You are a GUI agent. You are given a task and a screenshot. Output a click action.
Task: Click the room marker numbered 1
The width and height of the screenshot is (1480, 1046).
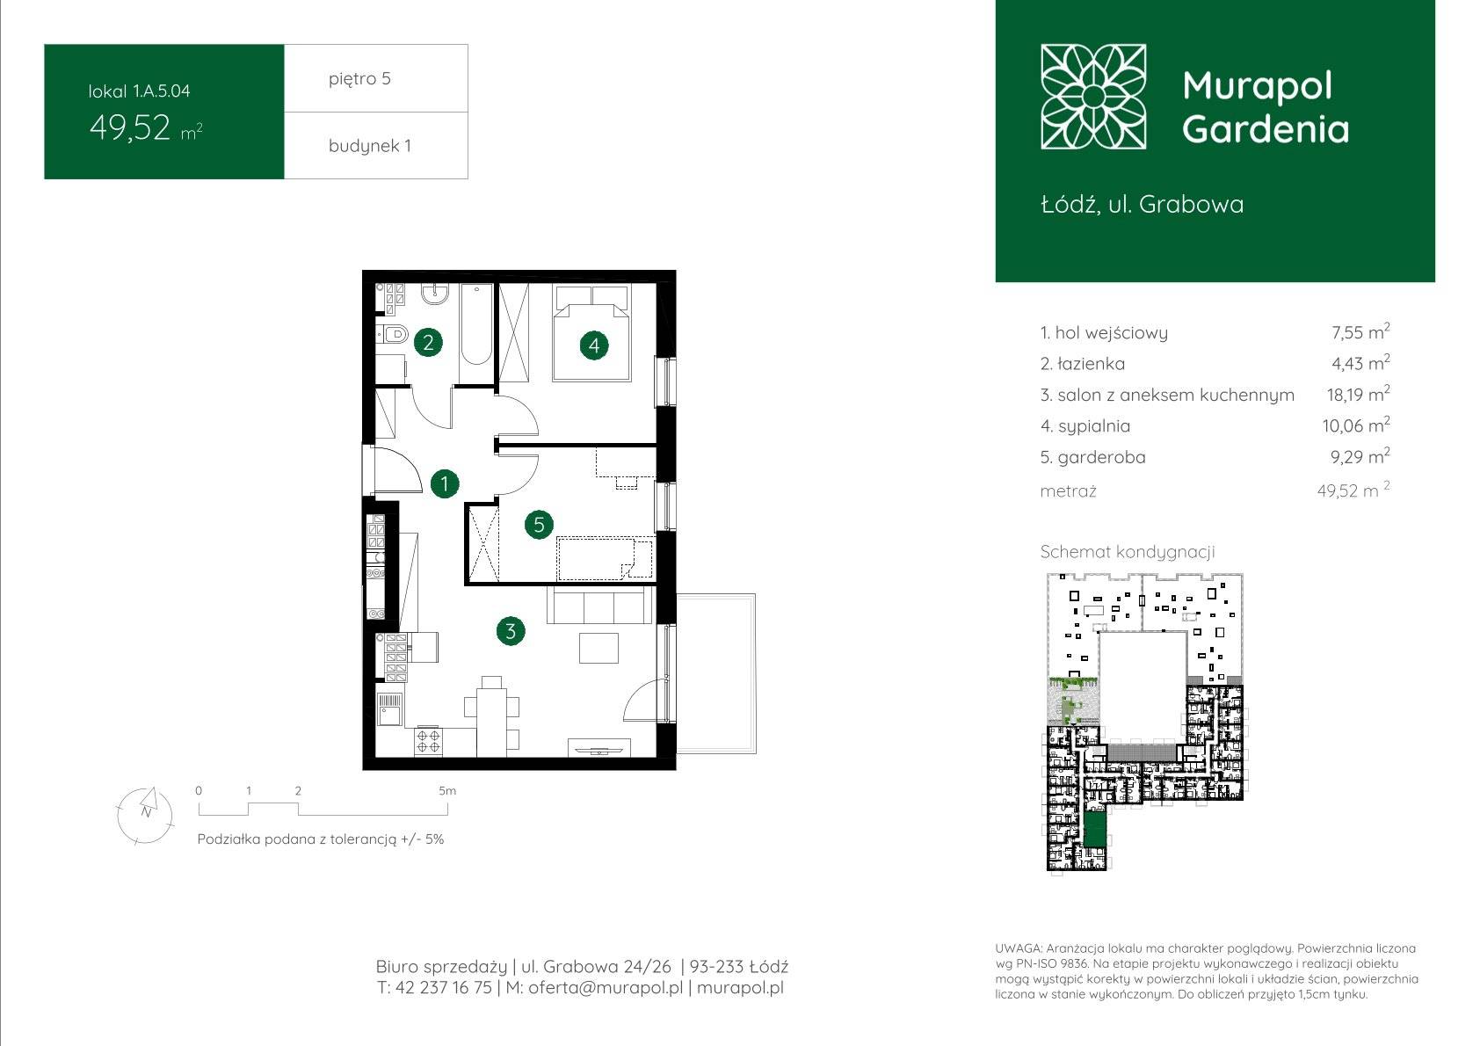click(x=445, y=483)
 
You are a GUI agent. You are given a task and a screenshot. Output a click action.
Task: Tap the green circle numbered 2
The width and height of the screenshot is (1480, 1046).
click(x=428, y=342)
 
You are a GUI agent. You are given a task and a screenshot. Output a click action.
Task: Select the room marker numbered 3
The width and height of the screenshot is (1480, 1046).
click(x=511, y=631)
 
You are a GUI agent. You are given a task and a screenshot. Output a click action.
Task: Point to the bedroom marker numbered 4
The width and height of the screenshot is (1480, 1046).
click(x=594, y=345)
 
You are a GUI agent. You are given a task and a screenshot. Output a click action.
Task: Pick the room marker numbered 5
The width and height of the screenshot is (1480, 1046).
click(x=539, y=525)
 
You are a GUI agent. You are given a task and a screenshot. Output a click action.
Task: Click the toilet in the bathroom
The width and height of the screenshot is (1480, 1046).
click(x=393, y=335)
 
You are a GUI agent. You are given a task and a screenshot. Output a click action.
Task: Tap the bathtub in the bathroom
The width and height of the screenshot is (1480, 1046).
click(x=476, y=324)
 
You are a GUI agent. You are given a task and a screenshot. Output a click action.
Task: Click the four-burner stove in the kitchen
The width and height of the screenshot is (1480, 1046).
click(x=428, y=741)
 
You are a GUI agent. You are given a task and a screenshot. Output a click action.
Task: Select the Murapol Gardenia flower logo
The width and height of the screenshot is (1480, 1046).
click(x=1093, y=97)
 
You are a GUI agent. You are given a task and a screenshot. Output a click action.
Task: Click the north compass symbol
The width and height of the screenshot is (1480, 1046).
click(x=145, y=816)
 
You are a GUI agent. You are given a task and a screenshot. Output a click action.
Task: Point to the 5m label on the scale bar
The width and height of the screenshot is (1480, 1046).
click(x=447, y=790)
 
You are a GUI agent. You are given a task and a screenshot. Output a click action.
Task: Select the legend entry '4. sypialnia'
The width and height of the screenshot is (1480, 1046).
click(x=1085, y=426)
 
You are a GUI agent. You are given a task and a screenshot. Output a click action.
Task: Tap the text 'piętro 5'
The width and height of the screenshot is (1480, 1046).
click(x=360, y=78)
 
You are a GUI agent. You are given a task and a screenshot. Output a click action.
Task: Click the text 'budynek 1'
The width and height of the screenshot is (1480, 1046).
click(x=370, y=146)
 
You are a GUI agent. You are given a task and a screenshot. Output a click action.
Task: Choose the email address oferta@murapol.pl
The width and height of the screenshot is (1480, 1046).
click(x=606, y=987)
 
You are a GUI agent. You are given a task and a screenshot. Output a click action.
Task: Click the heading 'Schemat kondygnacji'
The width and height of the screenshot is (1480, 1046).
click(x=1128, y=552)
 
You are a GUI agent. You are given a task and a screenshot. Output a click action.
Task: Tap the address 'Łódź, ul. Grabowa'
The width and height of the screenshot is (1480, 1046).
click(x=1143, y=204)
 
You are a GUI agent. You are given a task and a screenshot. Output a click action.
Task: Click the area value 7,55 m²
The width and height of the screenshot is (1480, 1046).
click(x=1360, y=331)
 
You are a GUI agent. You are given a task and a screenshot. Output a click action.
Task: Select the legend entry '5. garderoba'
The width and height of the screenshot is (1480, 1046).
click(x=1092, y=457)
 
